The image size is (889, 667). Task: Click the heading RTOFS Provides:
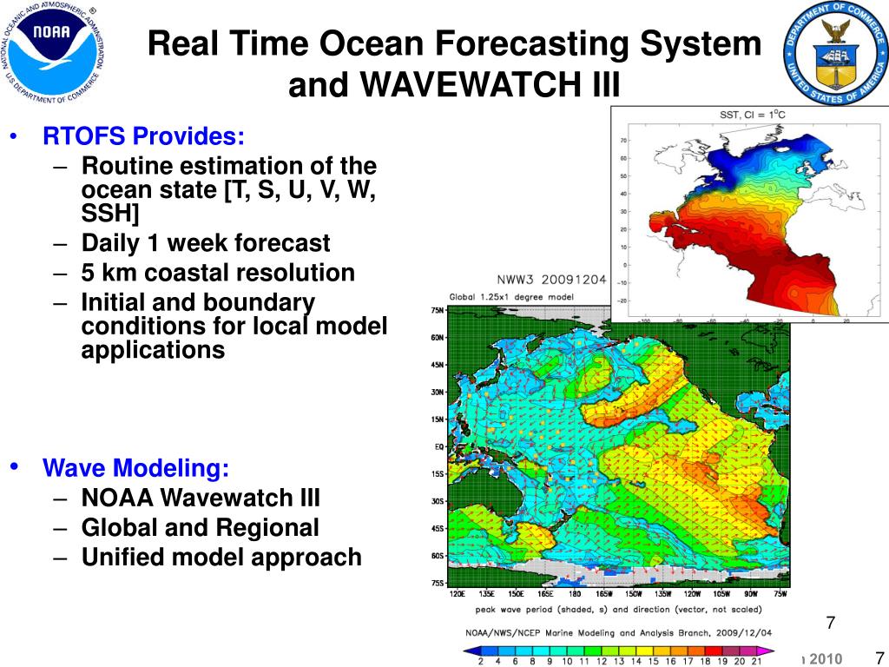tap(144, 136)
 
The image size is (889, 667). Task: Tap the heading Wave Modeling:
tap(136, 469)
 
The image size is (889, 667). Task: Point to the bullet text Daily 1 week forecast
tap(206, 243)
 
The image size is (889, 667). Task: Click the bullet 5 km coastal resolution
tap(218, 273)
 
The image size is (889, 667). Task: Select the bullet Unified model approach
tap(221, 558)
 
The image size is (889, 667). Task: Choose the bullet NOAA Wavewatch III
tap(201, 499)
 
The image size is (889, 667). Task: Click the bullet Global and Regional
tap(200, 528)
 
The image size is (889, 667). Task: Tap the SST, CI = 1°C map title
tap(753, 115)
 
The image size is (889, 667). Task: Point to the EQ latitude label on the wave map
tap(438, 447)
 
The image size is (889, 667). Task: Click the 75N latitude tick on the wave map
tap(438, 311)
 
